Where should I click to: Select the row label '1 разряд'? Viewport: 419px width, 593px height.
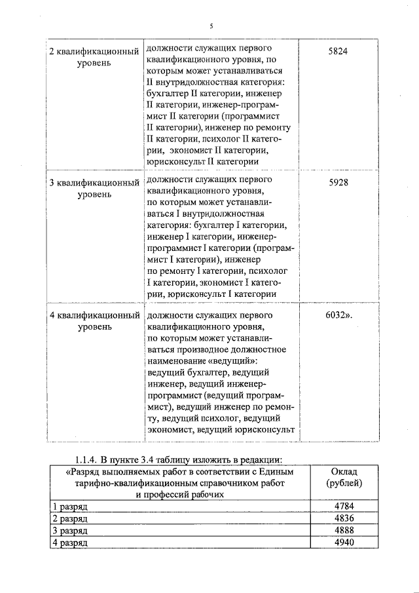69,507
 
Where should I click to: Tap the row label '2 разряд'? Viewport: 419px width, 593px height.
69,519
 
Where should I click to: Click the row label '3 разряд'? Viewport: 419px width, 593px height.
69,531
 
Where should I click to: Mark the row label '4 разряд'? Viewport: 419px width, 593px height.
69,543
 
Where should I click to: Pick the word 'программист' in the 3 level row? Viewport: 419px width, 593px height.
173,249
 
